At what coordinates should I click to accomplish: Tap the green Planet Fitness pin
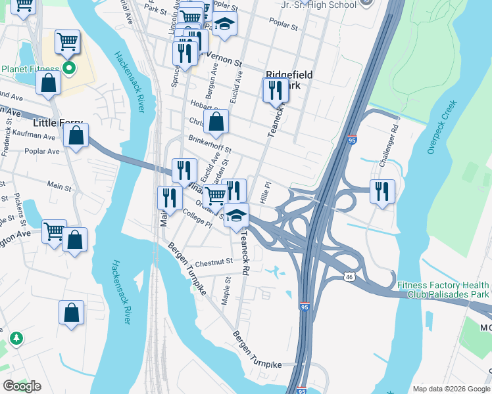[68, 68]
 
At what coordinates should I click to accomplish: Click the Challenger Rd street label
[395, 139]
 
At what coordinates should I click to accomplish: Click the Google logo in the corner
[22, 385]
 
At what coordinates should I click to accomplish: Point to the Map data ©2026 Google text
[450, 389]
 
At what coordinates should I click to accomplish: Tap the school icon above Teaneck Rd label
[236, 214]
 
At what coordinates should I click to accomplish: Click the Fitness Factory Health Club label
[443, 290]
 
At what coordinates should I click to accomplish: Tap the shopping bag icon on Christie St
[216, 121]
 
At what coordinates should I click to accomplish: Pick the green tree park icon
[16, 338]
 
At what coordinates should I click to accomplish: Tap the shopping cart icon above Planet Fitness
[67, 42]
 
